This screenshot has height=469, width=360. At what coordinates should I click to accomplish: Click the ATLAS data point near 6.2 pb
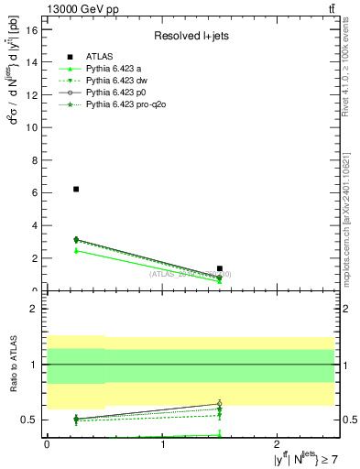[76, 189]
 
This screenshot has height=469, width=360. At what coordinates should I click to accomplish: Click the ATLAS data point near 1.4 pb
[220, 268]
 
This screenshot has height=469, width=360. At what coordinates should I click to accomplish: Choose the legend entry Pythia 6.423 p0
[115, 93]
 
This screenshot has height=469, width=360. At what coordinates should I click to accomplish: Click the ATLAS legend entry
[100, 57]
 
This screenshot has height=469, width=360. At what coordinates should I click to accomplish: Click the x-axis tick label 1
[163, 445]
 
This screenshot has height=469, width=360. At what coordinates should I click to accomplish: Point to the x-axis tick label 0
[47, 445]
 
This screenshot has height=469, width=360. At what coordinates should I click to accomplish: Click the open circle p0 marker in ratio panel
[220, 403]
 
